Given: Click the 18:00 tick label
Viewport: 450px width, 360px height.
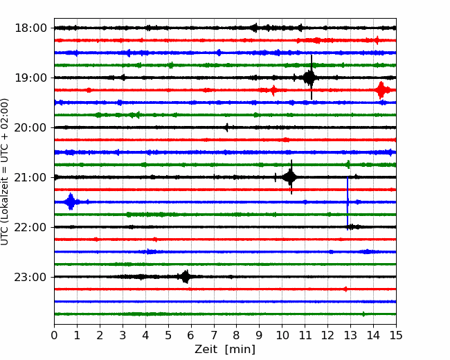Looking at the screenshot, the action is click(30, 28).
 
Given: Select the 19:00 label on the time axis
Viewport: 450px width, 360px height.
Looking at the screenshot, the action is click(30, 78).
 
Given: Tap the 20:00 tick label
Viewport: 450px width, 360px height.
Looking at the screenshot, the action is click(30, 128).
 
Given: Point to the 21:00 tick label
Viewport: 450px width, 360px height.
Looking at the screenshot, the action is click(30, 177).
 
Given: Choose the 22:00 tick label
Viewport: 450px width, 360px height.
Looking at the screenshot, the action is click(30, 227).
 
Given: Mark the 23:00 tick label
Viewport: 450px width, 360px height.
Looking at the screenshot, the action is click(30, 278).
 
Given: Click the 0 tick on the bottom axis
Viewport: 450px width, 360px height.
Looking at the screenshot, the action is click(54, 335).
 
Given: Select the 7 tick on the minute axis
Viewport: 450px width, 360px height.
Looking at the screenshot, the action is click(214, 335).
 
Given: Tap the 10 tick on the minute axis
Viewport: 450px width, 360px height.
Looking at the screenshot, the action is click(282, 335).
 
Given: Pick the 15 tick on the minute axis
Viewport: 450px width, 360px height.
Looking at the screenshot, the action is click(396, 335).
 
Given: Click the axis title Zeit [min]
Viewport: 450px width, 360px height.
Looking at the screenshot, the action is click(225, 350).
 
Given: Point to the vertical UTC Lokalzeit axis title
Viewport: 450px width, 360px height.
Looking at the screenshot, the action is click(5, 172).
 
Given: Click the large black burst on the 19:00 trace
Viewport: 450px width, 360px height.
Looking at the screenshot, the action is click(310, 78).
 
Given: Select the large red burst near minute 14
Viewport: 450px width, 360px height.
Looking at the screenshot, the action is click(381, 90).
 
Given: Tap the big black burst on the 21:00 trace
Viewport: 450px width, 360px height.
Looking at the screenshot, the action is click(291, 177).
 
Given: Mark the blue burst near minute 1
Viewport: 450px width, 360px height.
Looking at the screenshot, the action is click(71, 202).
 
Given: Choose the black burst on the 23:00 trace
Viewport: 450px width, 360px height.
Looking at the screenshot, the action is click(186, 277).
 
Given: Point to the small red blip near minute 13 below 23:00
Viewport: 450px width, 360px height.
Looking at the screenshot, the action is click(345, 289).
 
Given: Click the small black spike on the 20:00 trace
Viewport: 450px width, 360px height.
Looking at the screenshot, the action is click(227, 127).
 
